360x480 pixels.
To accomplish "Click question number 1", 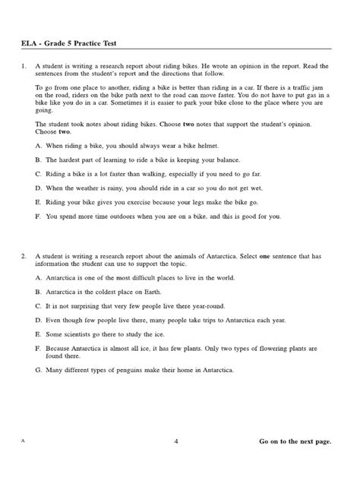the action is click(x=24, y=67).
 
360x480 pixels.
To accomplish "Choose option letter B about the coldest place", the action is click(x=38, y=291).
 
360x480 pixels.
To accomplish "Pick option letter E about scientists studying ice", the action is click(x=38, y=333).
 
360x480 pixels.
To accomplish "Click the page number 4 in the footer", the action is click(x=176, y=441).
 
